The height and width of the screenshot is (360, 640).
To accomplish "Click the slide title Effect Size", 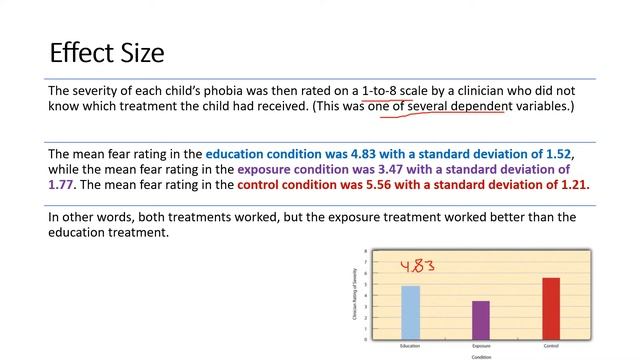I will (x=107, y=52).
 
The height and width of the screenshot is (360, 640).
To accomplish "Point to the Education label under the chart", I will (x=410, y=345).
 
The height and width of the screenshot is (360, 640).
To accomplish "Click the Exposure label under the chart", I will (x=480, y=345).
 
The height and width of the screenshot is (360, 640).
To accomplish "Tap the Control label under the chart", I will (x=550, y=345).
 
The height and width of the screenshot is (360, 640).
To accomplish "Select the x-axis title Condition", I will (x=481, y=355).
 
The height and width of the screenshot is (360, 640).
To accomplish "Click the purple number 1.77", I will (x=63, y=185).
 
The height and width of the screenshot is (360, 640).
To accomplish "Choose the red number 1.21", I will (x=573, y=185).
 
